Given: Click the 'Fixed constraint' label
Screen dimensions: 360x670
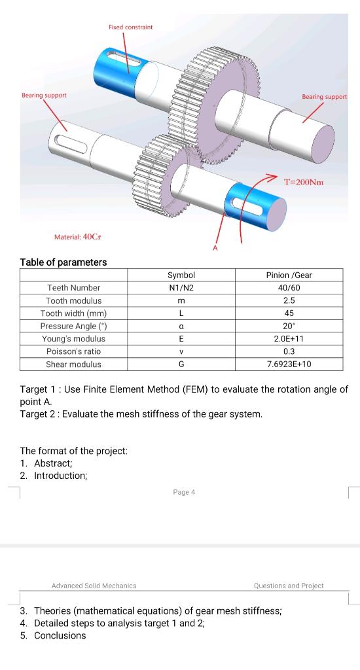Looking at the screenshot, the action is pos(130,27).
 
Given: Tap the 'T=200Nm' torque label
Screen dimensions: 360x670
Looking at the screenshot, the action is pos(304,183).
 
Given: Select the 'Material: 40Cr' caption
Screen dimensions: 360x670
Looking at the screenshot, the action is pos(78,237).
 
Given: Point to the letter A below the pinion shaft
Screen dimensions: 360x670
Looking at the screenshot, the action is pos(215,248).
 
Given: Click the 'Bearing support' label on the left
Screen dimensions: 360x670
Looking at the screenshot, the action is pos(44,96).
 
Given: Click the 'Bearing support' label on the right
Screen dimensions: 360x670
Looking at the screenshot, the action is pos(325,97).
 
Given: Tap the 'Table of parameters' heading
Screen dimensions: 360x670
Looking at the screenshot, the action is pos(63,262).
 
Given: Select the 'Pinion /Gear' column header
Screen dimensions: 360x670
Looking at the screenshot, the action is pos(289,275).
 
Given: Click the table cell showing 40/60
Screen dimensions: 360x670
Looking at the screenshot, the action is pos(289,288).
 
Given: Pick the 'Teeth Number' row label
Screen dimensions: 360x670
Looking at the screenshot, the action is pos(73,288).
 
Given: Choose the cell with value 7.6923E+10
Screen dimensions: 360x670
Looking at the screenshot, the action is pos(289,364).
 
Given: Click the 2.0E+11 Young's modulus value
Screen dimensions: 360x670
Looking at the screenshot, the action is pos(289,339).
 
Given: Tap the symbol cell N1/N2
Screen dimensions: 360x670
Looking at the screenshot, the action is pos(181,288).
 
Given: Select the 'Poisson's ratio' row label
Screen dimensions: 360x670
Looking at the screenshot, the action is pos(73,351).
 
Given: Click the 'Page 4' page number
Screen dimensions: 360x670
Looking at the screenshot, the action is pos(184,492).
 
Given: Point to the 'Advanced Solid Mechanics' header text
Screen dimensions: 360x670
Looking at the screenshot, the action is pos(94,586).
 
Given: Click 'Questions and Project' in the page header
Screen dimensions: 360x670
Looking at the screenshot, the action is pos(289,586).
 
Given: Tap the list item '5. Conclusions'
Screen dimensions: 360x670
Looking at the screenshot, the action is pos(53,635).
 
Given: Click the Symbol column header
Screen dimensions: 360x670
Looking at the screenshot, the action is pos(181,275).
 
